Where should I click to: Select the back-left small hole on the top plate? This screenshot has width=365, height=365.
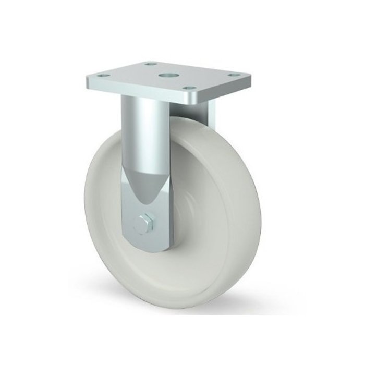[151, 64]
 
